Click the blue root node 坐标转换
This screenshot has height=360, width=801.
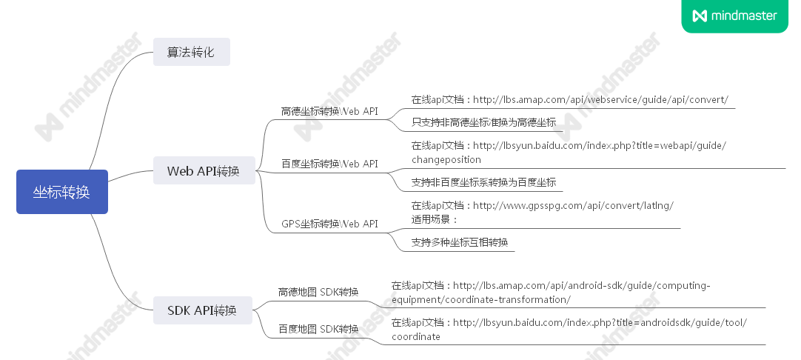pos(62,192)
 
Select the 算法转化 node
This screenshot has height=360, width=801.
pos(191,53)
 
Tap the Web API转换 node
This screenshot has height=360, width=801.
pos(204,171)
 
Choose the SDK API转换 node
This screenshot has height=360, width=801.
pos(202,310)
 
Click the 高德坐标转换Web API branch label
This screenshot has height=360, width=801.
pos(329,111)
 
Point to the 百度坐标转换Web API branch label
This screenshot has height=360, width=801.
pos(329,163)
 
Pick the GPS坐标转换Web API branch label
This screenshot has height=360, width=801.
pos(329,223)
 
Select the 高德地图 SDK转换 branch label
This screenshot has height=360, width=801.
pos(318,291)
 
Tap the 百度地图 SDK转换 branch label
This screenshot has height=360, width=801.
pos(318,328)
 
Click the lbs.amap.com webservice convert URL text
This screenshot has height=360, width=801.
pos(570,99)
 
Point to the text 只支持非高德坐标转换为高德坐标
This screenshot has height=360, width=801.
pos(483,122)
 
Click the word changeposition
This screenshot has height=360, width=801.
pos(446,159)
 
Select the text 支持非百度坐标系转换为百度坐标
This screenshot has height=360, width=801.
pos(483,181)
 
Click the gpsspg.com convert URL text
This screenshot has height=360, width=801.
pos(543,205)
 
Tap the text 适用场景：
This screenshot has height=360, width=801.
pos(435,219)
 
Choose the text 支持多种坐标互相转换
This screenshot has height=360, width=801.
pos(460,242)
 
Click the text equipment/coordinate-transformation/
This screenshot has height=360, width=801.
pos(481,299)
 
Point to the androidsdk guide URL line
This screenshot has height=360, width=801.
pos(569,322)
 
